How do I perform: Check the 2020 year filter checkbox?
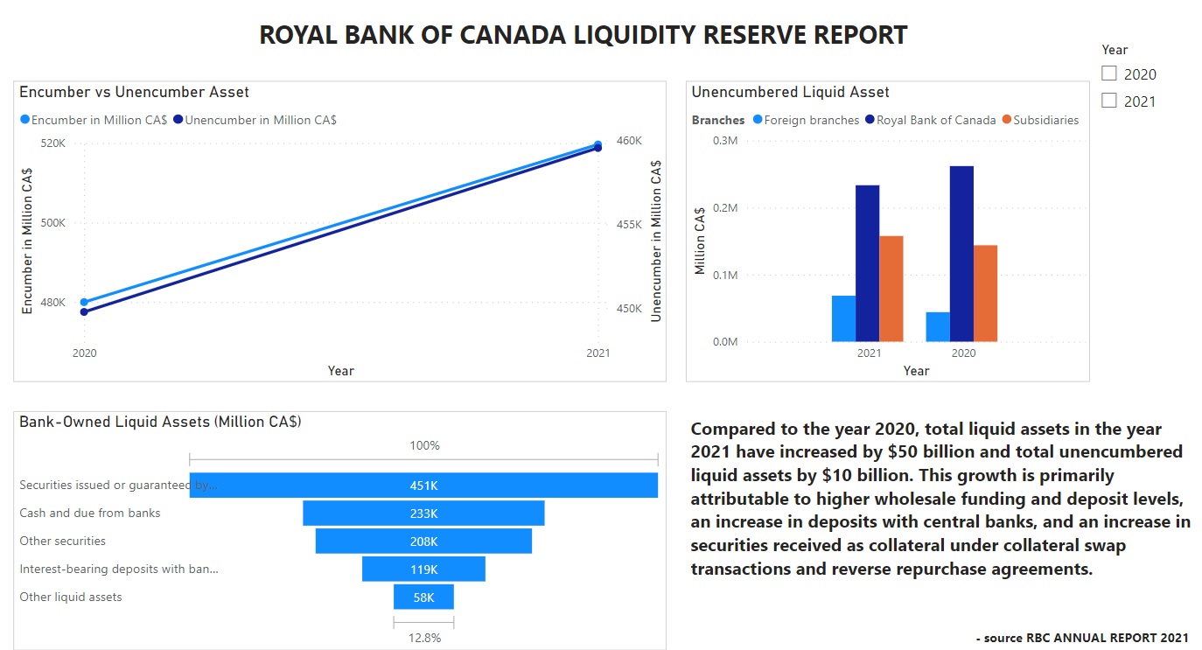pos(1109,73)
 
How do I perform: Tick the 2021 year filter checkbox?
pos(1109,101)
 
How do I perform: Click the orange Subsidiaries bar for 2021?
pos(891,288)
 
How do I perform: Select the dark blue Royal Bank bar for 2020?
pos(961,254)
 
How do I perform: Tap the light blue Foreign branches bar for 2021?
pos(843,318)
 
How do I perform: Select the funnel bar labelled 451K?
pos(423,486)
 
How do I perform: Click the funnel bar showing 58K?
pos(423,598)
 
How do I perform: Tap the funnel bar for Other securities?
pos(423,542)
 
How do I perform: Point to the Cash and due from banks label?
pos(90,513)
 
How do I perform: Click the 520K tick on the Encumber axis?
pos(53,143)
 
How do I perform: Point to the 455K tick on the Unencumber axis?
pos(629,225)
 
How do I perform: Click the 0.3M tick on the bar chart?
pos(726,141)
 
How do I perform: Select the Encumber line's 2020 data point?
pos(84,302)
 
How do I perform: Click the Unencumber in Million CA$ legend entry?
pos(260,120)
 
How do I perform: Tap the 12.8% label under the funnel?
pos(424,638)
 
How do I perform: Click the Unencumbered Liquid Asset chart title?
pos(790,92)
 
